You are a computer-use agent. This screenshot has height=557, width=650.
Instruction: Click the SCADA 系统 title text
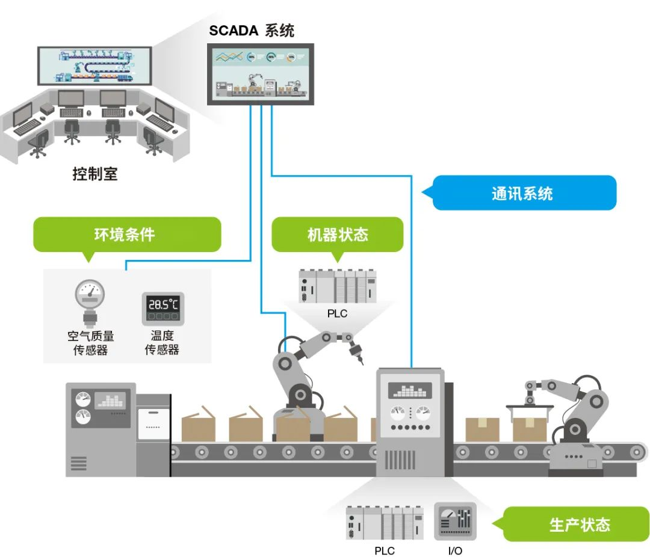coord(252,30)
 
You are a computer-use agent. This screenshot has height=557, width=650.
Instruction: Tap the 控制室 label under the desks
coord(94,174)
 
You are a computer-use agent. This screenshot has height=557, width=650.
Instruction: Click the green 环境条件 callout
coord(126,234)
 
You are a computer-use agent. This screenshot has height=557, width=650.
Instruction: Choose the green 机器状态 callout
coord(337,234)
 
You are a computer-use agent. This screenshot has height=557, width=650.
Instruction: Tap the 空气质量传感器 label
coord(90,343)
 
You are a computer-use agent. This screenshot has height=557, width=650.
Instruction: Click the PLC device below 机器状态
coord(338,286)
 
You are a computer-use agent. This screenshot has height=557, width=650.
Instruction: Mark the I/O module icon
coord(455,522)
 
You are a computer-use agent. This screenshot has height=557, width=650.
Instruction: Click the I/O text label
coord(455,550)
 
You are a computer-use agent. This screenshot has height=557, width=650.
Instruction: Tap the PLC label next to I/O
coord(385,550)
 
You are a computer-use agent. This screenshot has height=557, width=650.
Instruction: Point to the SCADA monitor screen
coord(260,74)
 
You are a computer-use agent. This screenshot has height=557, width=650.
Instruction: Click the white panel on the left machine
coord(153,423)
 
